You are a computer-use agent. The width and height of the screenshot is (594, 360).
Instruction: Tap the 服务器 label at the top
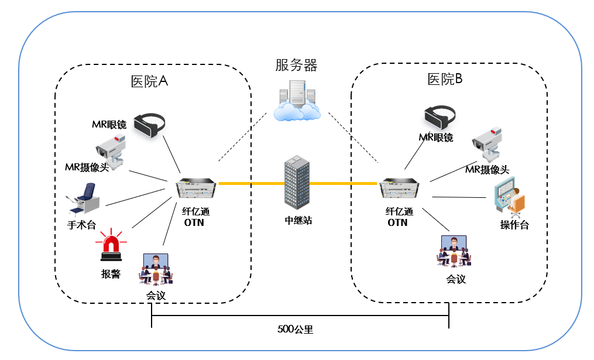296,65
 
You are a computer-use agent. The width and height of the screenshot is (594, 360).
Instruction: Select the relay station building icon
296,183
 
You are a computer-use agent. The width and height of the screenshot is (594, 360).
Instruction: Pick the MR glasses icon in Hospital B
440,116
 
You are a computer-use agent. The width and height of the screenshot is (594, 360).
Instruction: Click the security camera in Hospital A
111,149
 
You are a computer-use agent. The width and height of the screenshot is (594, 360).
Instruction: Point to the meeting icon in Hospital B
454,251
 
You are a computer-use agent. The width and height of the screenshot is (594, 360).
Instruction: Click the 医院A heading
149,81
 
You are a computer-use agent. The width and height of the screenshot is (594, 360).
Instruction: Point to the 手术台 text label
82,225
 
